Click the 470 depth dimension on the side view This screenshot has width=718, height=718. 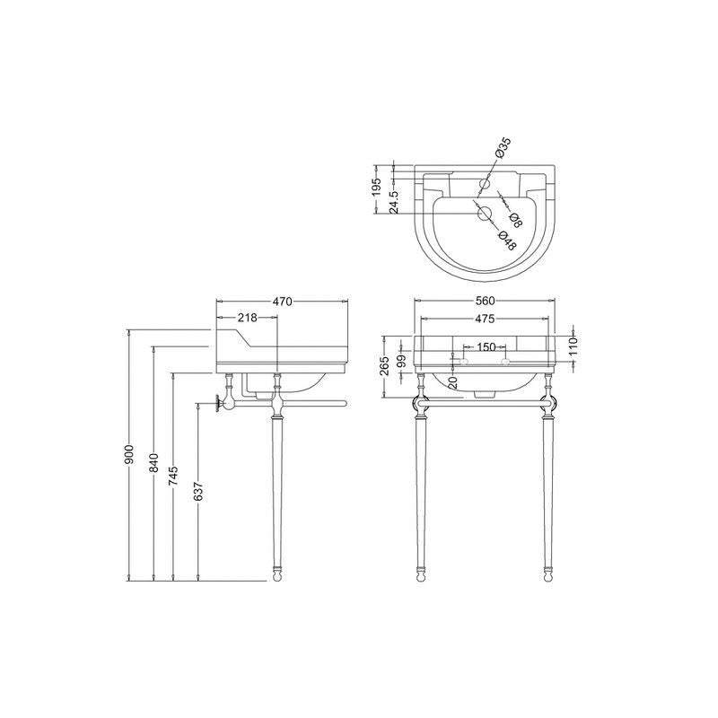click(x=282, y=302)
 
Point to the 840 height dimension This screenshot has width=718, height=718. click(x=153, y=463)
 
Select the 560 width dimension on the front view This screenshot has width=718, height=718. click(x=485, y=302)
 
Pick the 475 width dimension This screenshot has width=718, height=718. click(x=485, y=319)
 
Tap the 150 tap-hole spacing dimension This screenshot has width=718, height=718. click(x=486, y=346)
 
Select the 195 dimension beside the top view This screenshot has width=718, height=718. click(x=378, y=186)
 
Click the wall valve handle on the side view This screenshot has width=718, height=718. click(x=219, y=404)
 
